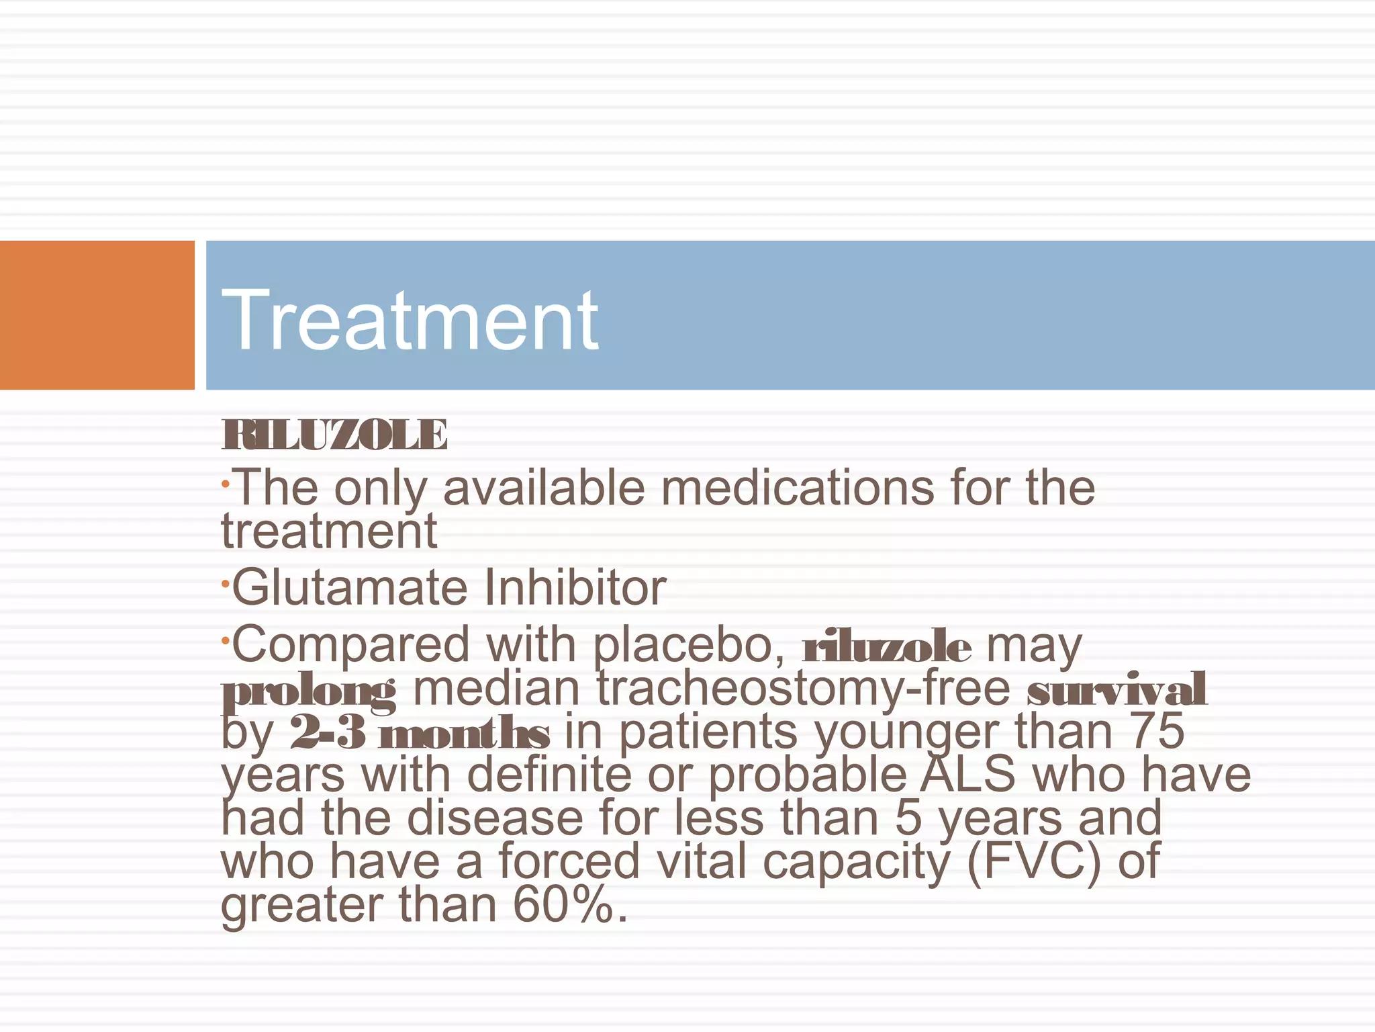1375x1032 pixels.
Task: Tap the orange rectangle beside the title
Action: pos(97,314)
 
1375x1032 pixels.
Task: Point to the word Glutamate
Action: pos(349,587)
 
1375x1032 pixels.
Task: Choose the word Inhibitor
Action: pos(575,587)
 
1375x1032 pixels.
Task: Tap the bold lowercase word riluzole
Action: pos(886,646)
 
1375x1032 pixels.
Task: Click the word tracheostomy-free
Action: pos(804,688)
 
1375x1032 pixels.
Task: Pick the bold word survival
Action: pos(1117,689)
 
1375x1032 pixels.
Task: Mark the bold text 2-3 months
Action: pos(420,732)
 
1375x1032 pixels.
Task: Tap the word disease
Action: pos(495,818)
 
